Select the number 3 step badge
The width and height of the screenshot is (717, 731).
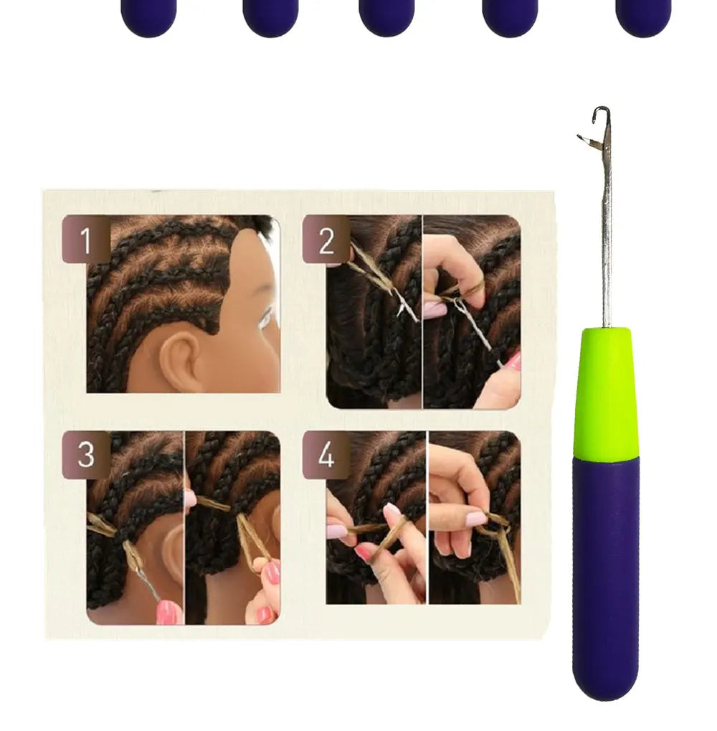pyautogui.click(x=85, y=455)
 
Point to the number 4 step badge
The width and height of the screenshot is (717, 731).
pyautogui.click(x=326, y=455)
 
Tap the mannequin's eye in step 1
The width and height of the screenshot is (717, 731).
pyautogui.click(x=267, y=316)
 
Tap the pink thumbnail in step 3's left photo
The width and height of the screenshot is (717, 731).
pyautogui.click(x=169, y=611)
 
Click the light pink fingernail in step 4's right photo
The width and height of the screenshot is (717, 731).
pyautogui.click(x=476, y=517)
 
